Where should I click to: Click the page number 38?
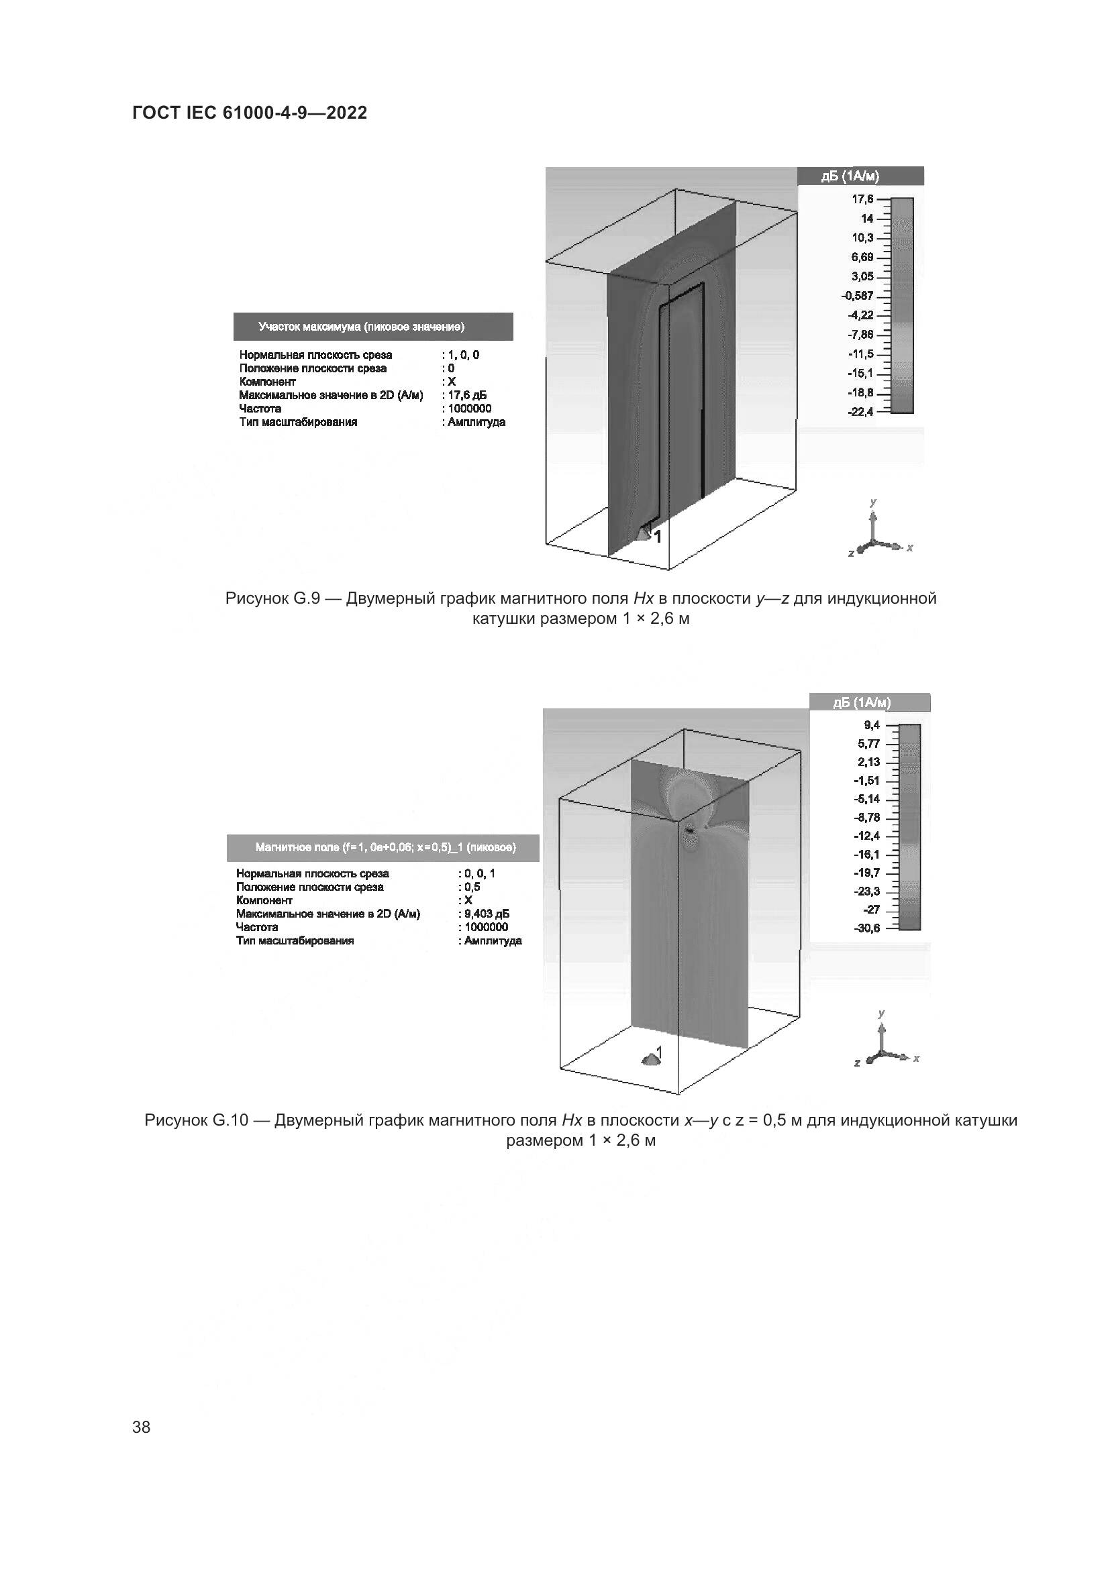(x=142, y=1427)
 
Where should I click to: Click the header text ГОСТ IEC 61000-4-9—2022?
(x=250, y=113)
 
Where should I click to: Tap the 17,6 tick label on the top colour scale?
(x=862, y=199)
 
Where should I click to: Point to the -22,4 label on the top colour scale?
(x=861, y=412)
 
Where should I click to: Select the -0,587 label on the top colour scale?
(x=858, y=296)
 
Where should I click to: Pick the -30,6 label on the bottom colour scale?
(x=867, y=928)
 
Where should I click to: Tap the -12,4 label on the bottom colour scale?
(x=867, y=836)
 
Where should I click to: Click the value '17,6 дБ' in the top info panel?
(x=467, y=395)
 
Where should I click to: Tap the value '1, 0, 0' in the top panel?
(x=464, y=355)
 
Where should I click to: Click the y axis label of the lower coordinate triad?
(x=882, y=1014)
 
